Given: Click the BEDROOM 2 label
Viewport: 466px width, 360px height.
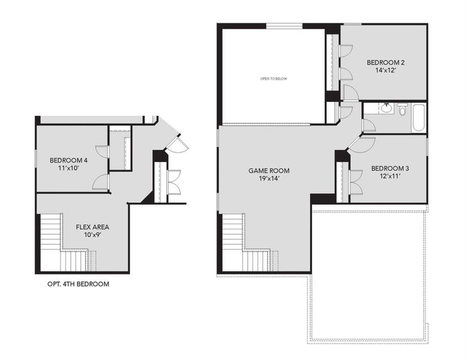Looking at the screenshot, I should [386, 62].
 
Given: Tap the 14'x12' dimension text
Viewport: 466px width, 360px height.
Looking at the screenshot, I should [386, 70].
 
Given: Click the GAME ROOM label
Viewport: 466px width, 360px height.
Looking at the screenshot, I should [269, 170].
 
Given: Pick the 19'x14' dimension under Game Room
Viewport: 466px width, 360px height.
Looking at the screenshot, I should [269, 178].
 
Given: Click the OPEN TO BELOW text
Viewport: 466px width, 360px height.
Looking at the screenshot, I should [273, 79].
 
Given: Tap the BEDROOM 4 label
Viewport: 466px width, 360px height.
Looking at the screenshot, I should [68, 160].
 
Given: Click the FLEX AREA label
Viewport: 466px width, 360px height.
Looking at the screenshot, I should [92, 227].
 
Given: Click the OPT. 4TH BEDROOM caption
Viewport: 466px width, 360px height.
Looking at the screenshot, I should [78, 284].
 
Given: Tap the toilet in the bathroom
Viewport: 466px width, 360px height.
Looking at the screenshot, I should [402, 110].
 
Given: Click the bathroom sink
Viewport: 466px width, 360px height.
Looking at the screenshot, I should [387, 108].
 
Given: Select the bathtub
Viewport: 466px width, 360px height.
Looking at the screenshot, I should [418, 118].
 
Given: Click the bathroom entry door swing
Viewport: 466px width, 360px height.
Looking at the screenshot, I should [369, 125].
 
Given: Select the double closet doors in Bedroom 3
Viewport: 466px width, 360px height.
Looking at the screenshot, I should [354, 182].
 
